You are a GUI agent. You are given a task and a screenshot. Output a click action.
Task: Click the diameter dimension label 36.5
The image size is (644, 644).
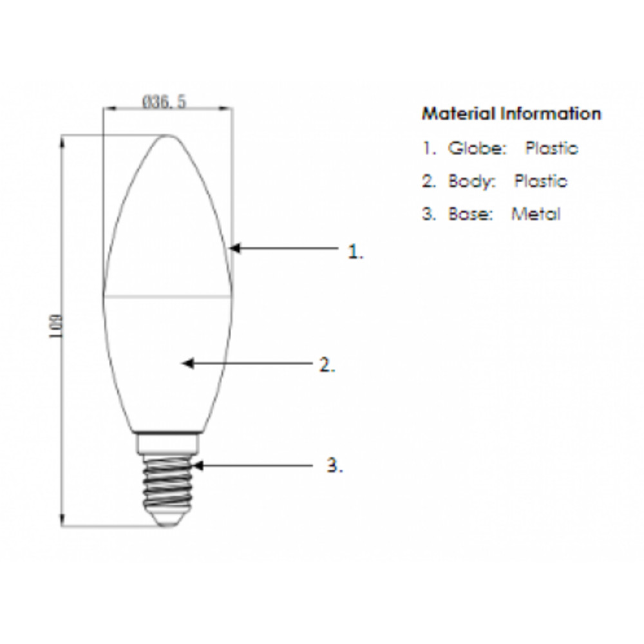pos(164,102)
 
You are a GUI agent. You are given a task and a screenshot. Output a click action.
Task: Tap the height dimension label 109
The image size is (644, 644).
pos(56,327)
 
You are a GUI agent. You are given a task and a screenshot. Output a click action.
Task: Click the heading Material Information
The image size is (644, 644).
pos(511,113)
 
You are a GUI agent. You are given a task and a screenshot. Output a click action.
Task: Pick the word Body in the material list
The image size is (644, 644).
pos(471,181)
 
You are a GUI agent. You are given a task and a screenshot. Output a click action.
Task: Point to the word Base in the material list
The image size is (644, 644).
pos(470,214)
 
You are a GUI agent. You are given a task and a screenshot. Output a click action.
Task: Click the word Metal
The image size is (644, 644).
pos(536,214)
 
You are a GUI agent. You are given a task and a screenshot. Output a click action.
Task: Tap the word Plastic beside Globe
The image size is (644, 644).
pos(552,148)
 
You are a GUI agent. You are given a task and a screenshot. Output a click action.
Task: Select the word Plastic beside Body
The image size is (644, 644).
pos(540,181)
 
